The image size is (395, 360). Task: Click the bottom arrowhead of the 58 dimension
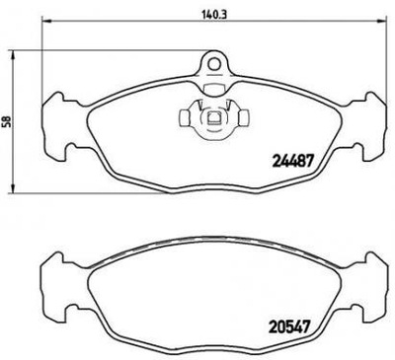12,190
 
